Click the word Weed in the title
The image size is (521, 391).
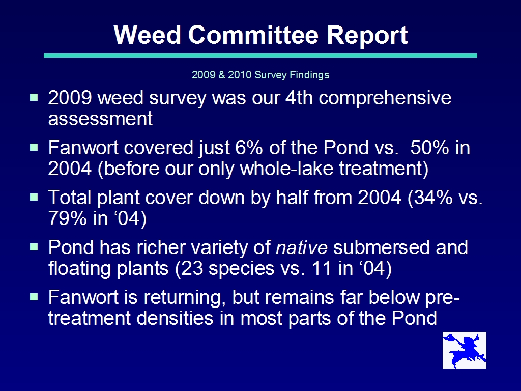pos(147,35)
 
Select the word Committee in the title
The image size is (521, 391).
pos(253,35)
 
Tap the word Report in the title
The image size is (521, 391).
pos(367,36)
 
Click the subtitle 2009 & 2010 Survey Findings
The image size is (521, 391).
pos(260,75)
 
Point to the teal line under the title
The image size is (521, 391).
pos(260,55)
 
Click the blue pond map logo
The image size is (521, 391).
pos(464,350)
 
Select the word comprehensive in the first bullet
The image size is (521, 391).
pos(385,98)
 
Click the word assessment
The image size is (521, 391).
pos(100,119)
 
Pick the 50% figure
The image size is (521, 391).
pos(429,148)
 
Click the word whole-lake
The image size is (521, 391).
pos(286,168)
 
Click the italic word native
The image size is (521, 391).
pos(302,248)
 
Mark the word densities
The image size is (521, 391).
pos(175,318)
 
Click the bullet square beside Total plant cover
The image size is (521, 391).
pos(34,197)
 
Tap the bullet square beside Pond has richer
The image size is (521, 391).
pos(34,247)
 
